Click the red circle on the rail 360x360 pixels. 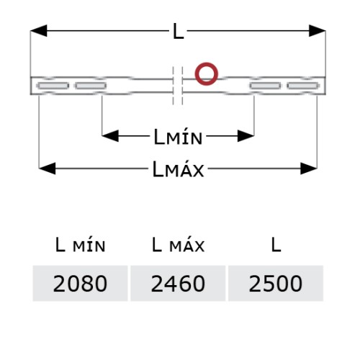pyautogui.click(x=207, y=63)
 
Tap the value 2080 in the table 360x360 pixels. pyautogui.click(x=80, y=284)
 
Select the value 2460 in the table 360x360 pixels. pyautogui.click(x=178, y=284)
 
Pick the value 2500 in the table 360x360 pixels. pyautogui.click(x=276, y=284)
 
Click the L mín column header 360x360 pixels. pyautogui.click(x=80, y=245)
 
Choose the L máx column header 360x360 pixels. pyautogui.click(x=178, y=245)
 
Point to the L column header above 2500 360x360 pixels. pyautogui.click(x=276, y=245)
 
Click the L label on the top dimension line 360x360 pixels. pyautogui.click(x=179, y=32)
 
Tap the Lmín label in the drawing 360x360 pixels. pyautogui.click(x=178, y=137)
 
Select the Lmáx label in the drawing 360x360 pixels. pyautogui.click(x=178, y=169)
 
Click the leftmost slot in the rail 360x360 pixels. pyautogui.click(x=53, y=86)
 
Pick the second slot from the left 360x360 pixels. pyautogui.click(x=91, y=86)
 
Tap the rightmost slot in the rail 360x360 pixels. pyautogui.click(x=303, y=86)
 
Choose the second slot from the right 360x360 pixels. pyautogui.click(x=265, y=86)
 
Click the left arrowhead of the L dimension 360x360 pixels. pyautogui.click(x=39, y=31)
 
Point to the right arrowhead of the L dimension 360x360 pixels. pyautogui.click(x=318, y=31)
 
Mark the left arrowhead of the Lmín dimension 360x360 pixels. pyautogui.click(x=110, y=136)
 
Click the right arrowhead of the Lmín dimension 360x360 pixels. pyautogui.click(x=246, y=136)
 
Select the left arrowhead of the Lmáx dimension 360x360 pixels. pyautogui.click(x=47, y=168)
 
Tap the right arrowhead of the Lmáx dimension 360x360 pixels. pyautogui.click(x=309, y=168)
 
